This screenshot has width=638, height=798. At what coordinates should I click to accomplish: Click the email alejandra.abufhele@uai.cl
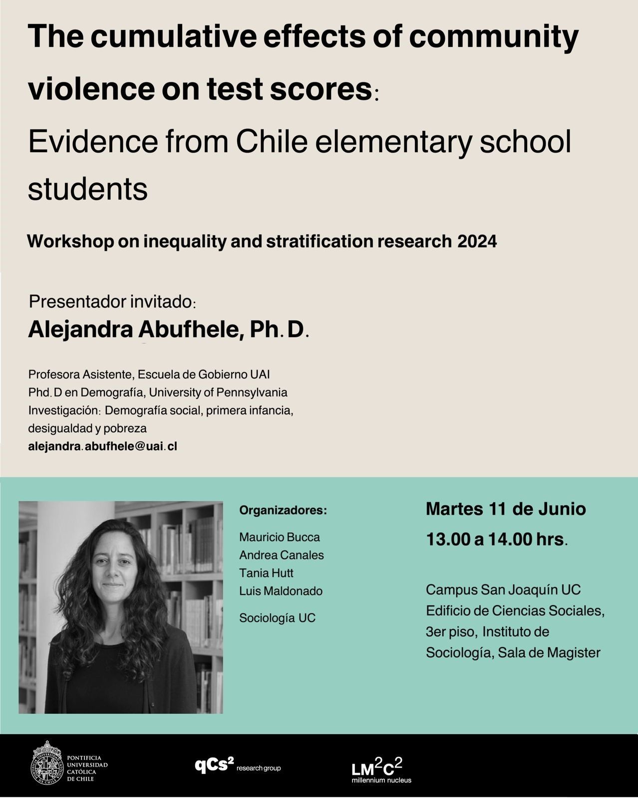[102, 446]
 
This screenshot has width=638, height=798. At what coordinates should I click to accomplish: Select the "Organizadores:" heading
[283, 511]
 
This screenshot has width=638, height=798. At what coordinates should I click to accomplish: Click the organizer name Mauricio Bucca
[279, 537]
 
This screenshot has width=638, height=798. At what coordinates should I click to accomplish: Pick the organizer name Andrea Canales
[281, 555]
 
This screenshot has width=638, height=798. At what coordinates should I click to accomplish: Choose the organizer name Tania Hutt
[266, 573]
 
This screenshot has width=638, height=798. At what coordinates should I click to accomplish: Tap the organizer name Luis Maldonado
[281, 591]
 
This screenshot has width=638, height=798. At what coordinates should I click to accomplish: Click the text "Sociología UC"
[277, 618]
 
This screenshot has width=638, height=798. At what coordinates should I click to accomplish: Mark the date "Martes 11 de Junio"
[506, 509]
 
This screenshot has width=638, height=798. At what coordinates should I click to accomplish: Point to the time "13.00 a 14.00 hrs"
[494, 539]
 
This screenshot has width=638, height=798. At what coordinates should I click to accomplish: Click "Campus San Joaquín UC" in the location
[503, 590]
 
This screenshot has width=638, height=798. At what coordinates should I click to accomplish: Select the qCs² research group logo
[238, 766]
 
